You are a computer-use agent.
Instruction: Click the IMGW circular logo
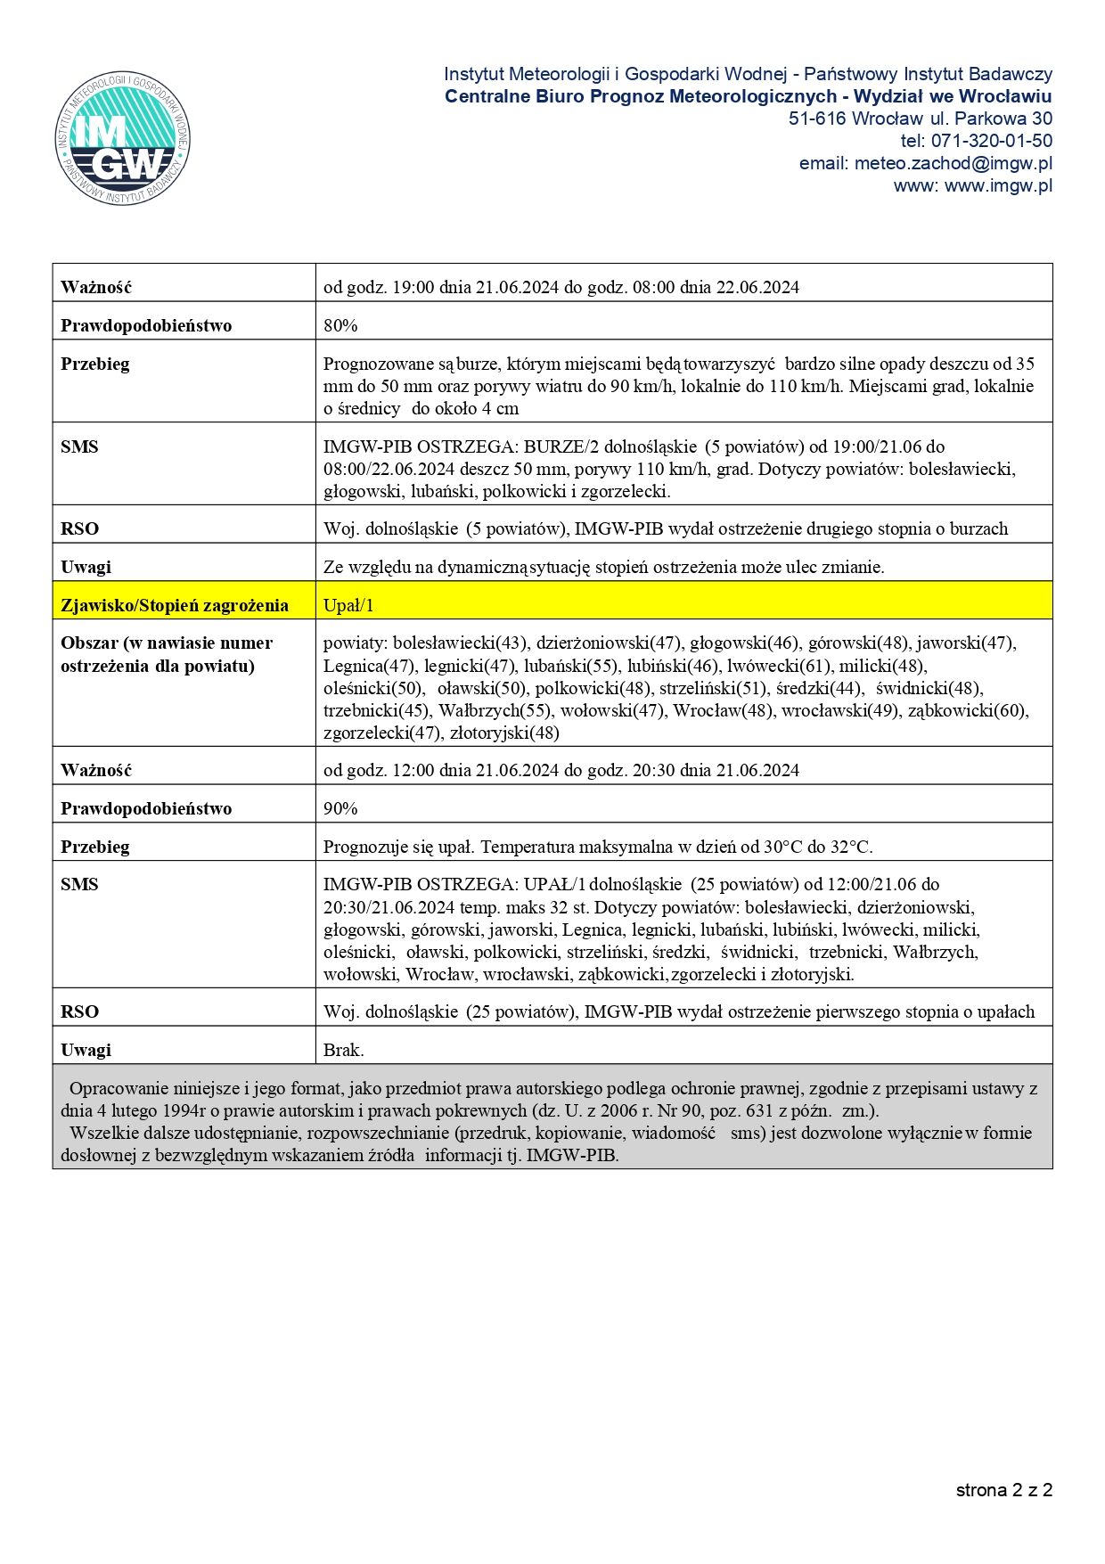122,138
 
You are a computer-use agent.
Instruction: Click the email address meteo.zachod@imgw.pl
953,163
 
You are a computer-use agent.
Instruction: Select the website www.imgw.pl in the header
998,185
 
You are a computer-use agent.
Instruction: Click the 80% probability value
340,325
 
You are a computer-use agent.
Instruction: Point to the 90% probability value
340,808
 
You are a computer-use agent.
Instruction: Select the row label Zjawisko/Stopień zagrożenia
175,605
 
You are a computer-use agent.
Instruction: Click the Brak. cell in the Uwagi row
344,1050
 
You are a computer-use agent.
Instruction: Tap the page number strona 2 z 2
1003,1490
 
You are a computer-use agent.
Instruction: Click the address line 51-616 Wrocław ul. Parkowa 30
920,119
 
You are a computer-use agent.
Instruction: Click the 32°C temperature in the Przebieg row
853,847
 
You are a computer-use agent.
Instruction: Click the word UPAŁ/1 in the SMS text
554,884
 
